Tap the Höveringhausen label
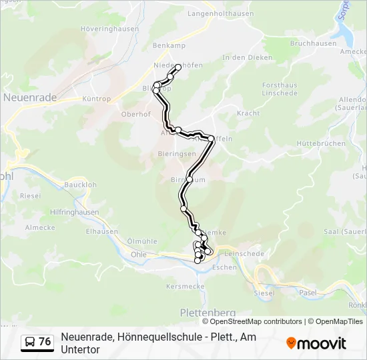[109, 29]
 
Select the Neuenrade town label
[30, 97]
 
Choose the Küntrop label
[96, 99]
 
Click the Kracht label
[248, 114]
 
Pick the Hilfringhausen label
[74, 213]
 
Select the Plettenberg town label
[208, 312]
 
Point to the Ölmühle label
[141, 241]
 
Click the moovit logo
[316, 343]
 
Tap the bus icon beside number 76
[30, 342]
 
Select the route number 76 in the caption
[45, 342]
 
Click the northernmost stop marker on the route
[178, 67]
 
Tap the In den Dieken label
[248, 58]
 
